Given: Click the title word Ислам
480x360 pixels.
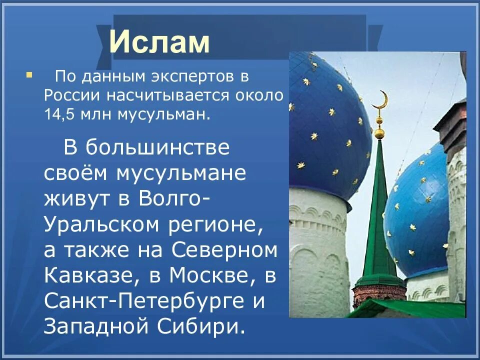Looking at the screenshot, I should pyautogui.click(x=159, y=42).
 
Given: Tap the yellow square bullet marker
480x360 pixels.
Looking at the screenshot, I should pyautogui.click(x=28, y=75).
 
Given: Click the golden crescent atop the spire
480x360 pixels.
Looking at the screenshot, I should pyautogui.click(x=381, y=99).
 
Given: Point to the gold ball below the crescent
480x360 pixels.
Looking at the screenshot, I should pyautogui.click(x=379, y=133).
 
